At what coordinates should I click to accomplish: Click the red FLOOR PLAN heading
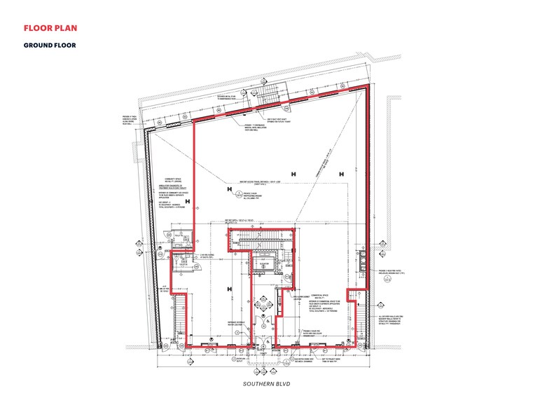click(50, 29)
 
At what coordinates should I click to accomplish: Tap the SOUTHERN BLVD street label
click(266, 384)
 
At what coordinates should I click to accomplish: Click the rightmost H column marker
click(340, 174)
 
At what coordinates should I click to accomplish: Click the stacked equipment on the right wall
click(362, 259)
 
